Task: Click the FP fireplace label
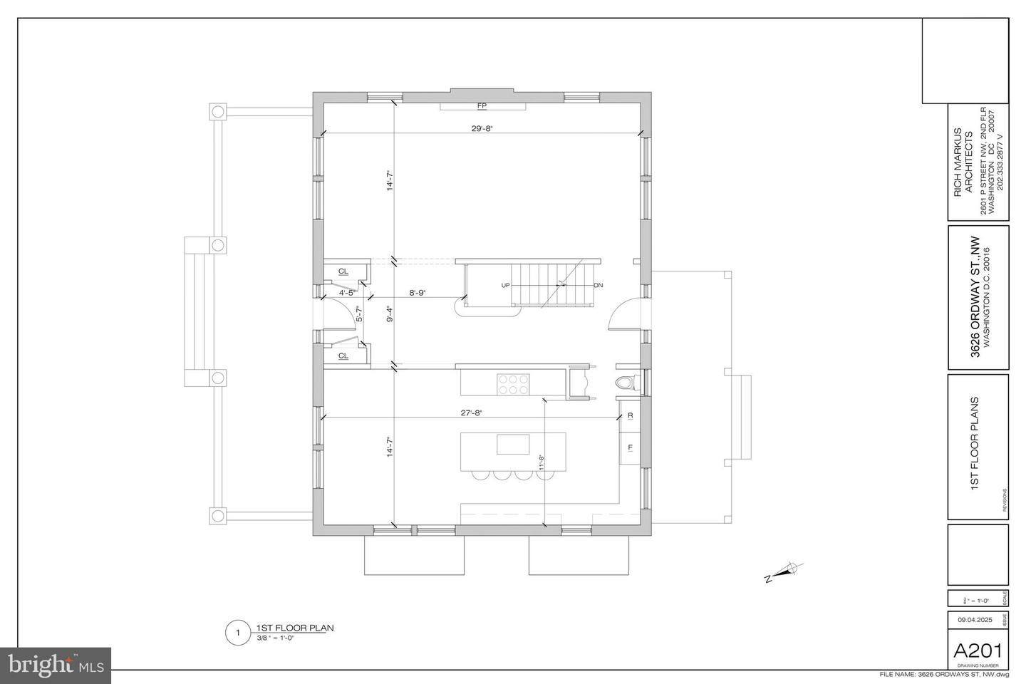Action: tap(482, 106)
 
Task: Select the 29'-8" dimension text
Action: tap(482, 128)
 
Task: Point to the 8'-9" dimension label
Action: tap(418, 292)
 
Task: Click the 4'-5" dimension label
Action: tap(348, 292)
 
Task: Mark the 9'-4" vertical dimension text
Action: tap(389, 314)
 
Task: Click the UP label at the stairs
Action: tap(505, 285)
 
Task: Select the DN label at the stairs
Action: tap(598, 285)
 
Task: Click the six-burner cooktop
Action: tap(513, 384)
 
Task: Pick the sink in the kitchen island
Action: tap(513, 444)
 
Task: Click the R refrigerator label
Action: tap(630, 415)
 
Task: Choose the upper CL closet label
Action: tap(343, 271)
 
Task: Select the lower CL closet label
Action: tap(343, 356)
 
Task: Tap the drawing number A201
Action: tap(978, 651)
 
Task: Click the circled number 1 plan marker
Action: tap(235, 633)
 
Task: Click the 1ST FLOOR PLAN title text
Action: tap(295, 628)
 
